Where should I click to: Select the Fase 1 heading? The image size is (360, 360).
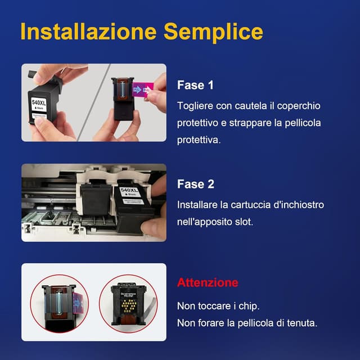(195, 85)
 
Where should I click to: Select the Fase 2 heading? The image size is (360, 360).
(195, 184)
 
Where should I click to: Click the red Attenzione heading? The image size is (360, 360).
(208, 282)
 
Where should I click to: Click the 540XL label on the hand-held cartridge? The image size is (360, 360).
(39, 103)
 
